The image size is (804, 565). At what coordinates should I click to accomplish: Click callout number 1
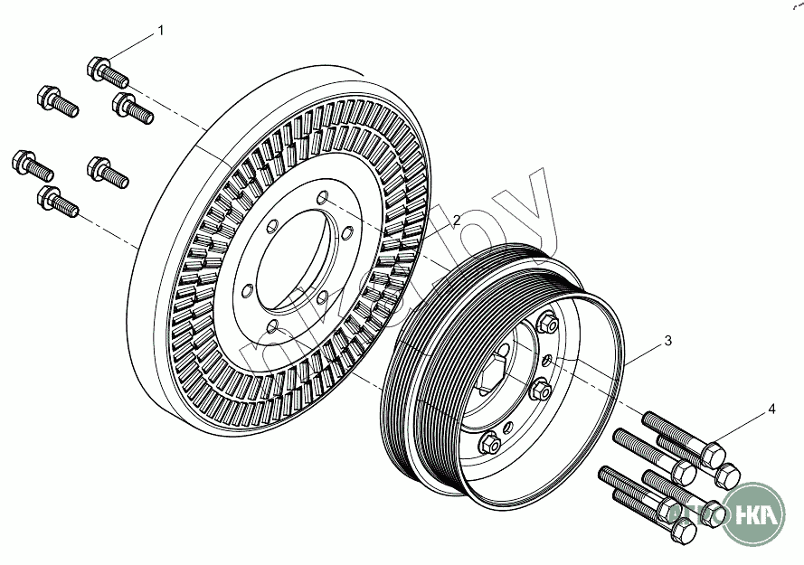click(161, 31)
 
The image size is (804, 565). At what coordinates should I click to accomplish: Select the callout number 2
click(457, 220)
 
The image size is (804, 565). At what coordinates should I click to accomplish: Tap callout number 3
click(667, 341)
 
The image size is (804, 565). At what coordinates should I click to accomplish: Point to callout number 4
click(771, 410)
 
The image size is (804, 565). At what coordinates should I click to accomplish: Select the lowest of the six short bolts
click(58, 201)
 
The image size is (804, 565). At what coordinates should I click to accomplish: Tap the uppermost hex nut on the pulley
click(546, 323)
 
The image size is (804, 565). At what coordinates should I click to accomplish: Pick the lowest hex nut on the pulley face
click(488, 442)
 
